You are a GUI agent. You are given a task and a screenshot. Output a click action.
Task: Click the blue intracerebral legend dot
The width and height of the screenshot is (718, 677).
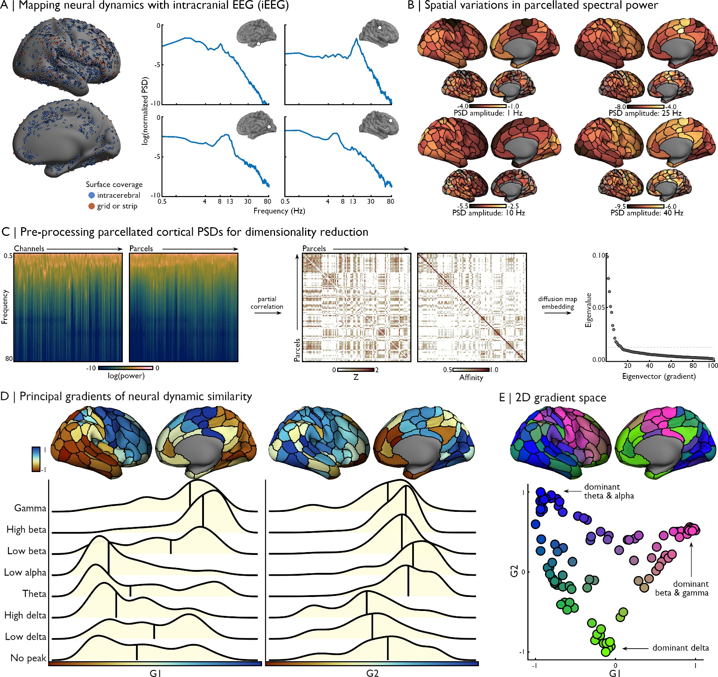[92, 195]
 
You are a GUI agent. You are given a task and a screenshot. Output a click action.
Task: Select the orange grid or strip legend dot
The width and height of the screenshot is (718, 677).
[92, 206]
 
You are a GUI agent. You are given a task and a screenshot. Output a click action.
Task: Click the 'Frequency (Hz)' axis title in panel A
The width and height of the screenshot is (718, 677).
[279, 211]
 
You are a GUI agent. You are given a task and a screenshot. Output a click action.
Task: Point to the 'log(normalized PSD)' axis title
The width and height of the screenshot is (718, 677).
[145, 111]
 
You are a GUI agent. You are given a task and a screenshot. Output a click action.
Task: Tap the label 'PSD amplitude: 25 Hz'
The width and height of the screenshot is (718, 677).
[645, 113]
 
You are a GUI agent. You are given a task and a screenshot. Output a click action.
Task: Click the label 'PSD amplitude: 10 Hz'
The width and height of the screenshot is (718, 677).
[488, 213]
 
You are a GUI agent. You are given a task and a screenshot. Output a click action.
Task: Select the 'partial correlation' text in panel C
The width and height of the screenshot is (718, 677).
[267, 303]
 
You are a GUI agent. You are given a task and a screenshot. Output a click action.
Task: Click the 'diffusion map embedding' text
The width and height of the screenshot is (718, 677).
[558, 303]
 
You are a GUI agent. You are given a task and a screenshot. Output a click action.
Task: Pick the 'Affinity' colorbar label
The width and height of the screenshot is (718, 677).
[471, 378]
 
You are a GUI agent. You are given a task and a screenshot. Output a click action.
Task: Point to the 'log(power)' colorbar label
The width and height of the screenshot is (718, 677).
[126, 376]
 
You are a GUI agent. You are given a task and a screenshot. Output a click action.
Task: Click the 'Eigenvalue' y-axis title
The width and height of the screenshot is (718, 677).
[588, 310]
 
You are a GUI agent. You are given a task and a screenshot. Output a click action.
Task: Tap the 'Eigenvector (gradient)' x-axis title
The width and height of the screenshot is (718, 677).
[659, 377]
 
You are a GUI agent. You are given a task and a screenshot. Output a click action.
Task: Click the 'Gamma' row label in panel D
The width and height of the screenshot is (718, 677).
[31, 508]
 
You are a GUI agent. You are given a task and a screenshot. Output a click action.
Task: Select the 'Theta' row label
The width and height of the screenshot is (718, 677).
[34, 594]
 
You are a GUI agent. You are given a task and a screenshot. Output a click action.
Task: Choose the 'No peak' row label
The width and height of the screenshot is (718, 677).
[28, 658]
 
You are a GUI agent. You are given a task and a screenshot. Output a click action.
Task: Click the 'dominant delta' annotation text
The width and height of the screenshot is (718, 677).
[680, 648]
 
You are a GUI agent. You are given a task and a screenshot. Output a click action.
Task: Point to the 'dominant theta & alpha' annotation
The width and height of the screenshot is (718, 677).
[609, 491]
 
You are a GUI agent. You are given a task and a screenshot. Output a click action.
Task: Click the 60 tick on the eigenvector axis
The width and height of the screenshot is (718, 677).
[671, 366]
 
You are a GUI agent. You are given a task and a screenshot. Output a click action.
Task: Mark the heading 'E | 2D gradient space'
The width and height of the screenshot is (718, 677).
[553, 398]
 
